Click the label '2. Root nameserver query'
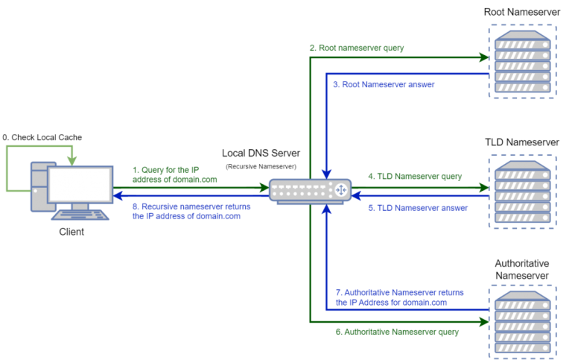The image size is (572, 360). [x=357, y=48]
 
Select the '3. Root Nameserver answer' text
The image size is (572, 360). [x=384, y=84]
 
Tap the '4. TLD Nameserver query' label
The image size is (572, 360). [x=415, y=177]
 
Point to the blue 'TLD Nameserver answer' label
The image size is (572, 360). [x=418, y=208]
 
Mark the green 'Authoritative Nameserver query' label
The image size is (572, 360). [x=397, y=332]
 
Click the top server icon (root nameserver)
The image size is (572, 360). [x=522, y=61]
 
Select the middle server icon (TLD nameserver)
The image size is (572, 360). [x=522, y=192]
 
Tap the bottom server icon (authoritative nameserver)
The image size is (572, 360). [x=522, y=322]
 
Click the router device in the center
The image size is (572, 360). [x=309, y=191]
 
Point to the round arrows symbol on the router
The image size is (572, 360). [x=341, y=190]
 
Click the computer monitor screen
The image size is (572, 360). [x=80, y=184]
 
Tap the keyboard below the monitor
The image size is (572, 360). [x=80, y=215]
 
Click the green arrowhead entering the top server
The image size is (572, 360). [x=483, y=57]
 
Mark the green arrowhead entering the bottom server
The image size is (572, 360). [x=483, y=322]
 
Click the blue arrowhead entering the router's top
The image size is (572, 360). [x=325, y=173]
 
